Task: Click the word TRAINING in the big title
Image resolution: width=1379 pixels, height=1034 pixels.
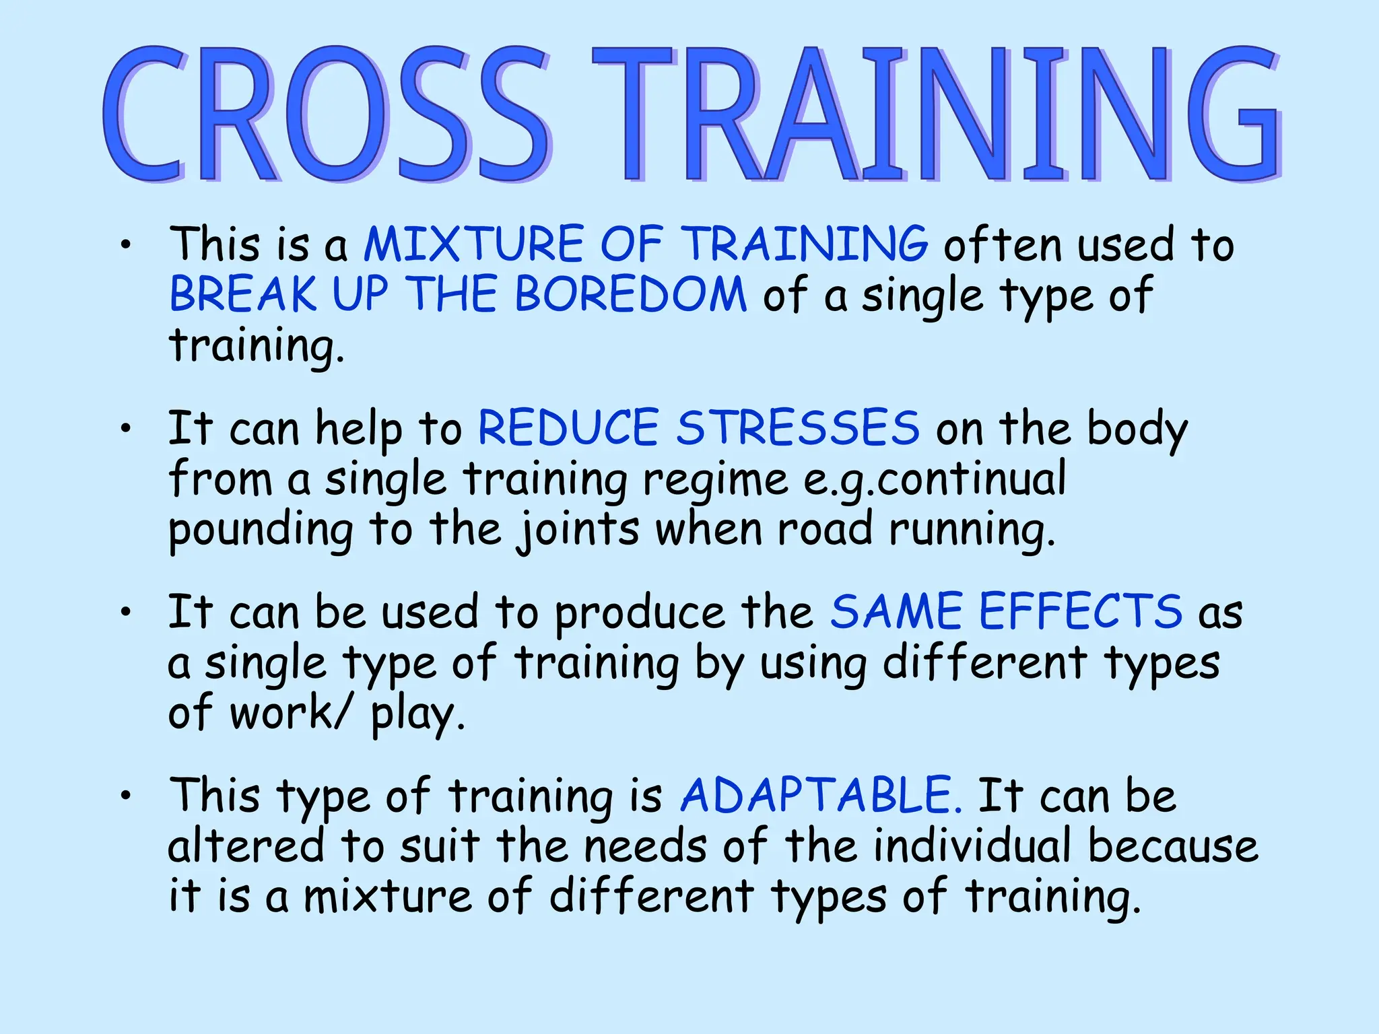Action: [936, 114]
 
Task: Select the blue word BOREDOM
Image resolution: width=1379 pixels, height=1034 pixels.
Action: [631, 294]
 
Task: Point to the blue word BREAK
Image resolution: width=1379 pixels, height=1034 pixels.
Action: [242, 294]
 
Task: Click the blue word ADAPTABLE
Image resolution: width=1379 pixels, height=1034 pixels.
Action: [820, 795]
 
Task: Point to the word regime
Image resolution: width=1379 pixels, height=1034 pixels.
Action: [715, 481]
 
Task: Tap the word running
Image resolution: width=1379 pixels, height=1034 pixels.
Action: [971, 530]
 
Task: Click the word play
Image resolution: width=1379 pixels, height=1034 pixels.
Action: [417, 714]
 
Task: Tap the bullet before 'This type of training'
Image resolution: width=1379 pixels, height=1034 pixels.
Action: [125, 796]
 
